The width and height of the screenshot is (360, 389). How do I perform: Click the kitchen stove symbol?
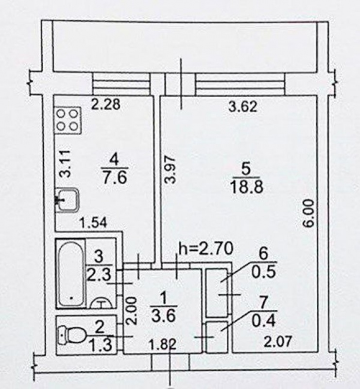[68, 121]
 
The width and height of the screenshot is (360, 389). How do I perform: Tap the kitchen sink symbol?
[68, 200]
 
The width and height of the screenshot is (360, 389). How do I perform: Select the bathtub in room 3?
[70, 273]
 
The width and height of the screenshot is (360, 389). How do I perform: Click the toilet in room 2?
[71, 335]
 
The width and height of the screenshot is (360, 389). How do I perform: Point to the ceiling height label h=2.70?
[206, 249]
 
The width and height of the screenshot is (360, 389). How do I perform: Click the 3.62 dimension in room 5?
[243, 107]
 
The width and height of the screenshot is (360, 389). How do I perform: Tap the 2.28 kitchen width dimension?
[105, 104]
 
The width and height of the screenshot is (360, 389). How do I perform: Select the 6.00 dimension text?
[309, 213]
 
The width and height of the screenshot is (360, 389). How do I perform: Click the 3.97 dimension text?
[171, 169]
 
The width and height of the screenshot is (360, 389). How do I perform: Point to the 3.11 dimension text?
[66, 164]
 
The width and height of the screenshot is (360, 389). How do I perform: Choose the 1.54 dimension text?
[93, 223]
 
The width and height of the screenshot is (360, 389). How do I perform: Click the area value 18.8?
[246, 187]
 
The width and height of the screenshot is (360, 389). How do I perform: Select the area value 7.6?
[115, 177]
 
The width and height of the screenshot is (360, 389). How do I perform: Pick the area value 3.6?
[164, 316]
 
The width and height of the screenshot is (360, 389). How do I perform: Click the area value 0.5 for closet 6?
[263, 272]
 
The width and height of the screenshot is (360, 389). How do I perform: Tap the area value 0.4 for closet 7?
[263, 321]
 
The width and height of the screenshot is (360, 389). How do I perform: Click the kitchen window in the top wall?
[121, 84]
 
